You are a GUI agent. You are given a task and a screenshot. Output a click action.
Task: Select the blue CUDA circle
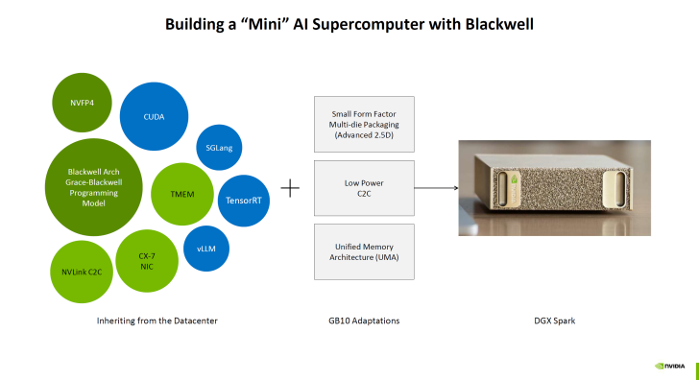(154, 116)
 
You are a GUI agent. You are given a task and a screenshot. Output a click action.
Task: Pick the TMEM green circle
(182, 194)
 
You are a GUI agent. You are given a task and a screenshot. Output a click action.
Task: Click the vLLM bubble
(205, 249)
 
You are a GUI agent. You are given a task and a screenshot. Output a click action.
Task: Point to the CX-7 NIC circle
(147, 261)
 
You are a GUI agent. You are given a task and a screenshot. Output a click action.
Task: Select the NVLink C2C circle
(81, 273)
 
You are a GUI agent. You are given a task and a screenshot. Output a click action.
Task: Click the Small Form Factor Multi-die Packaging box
(364, 124)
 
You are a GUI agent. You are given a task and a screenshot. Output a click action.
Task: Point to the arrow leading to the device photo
(436, 187)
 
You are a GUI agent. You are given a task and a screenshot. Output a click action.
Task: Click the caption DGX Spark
(553, 320)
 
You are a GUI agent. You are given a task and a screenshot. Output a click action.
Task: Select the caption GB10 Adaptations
(364, 320)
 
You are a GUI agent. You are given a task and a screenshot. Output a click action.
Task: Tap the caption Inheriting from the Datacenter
(157, 320)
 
